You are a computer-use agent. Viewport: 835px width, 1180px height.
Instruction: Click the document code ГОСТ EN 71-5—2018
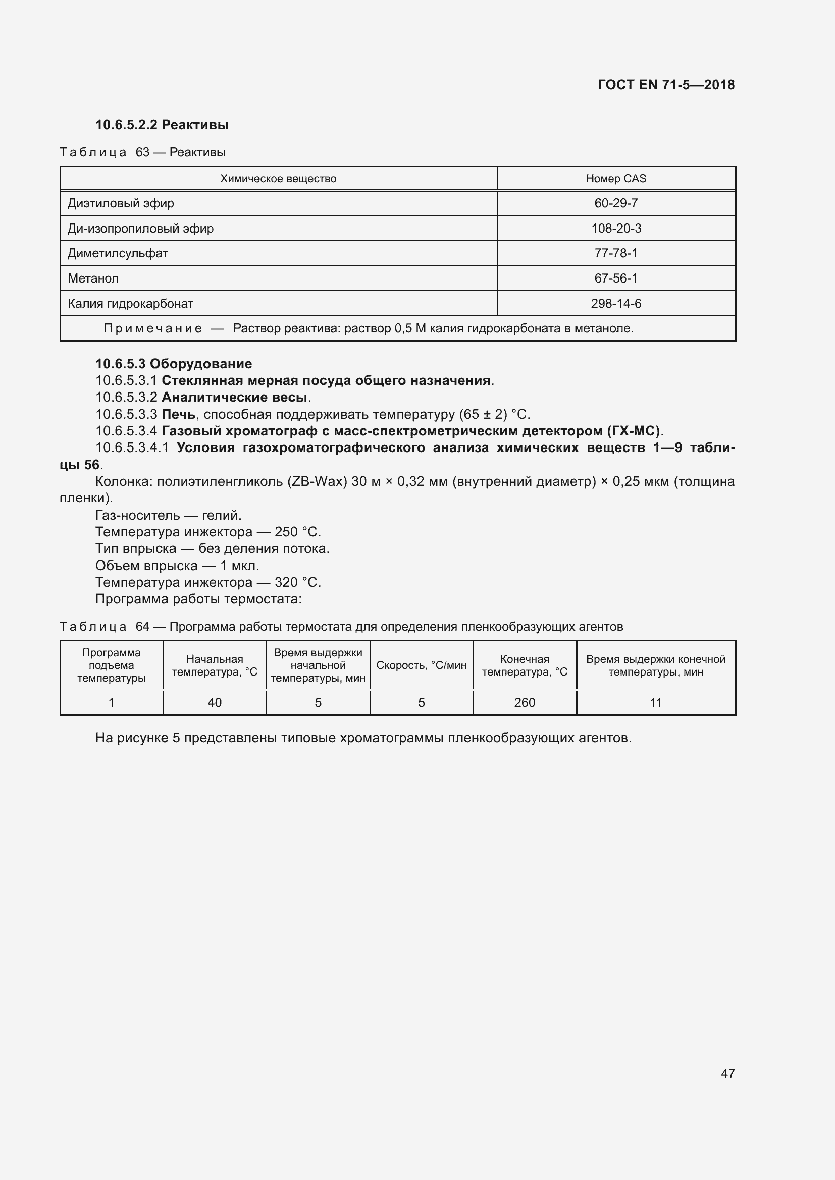[666, 85]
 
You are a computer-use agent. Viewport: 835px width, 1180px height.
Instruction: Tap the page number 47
[727, 1073]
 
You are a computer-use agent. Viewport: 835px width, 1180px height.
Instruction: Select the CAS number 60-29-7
[615, 203]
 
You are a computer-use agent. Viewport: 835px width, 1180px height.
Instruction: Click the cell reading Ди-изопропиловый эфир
[140, 228]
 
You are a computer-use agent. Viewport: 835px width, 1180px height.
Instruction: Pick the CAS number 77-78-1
[615, 253]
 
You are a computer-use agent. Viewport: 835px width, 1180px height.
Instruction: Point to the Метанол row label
[93, 278]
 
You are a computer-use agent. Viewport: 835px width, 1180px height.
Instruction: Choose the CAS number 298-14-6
[615, 303]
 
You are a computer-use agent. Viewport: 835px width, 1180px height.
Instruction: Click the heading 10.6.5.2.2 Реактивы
[162, 125]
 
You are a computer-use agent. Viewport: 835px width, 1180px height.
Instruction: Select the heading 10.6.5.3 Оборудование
[174, 364]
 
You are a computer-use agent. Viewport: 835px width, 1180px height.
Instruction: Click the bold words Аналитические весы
[234, 397]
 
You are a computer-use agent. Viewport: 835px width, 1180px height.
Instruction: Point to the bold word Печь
[178, 414]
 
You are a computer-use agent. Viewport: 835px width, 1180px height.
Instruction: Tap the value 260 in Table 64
[525, 703]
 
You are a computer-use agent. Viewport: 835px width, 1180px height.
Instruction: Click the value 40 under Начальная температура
[215, 703]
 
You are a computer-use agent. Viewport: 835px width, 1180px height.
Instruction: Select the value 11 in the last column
[656, 703]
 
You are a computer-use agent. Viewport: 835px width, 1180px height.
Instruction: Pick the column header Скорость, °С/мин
[421, 665]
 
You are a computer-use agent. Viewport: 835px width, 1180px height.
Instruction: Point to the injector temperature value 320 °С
[297, 582]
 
